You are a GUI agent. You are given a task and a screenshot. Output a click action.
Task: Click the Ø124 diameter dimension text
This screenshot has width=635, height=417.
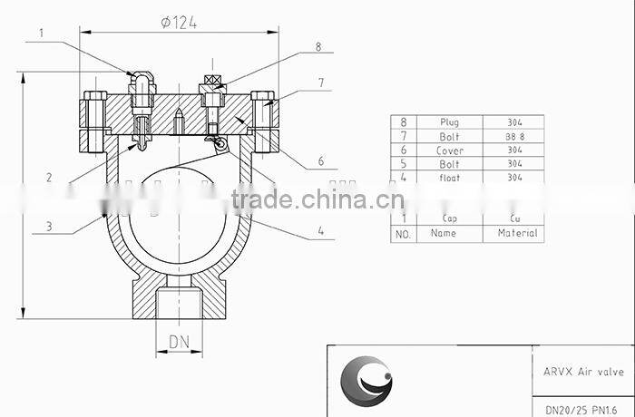point(179,23)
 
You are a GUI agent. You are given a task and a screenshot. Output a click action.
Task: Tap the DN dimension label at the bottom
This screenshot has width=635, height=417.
point(179,342)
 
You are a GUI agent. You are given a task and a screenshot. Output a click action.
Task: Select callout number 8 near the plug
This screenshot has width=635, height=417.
point(317,46)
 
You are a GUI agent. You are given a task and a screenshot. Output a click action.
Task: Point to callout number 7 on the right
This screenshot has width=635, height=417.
point(321,82)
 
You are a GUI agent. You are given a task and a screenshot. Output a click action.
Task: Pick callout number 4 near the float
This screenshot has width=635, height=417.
point(321,231)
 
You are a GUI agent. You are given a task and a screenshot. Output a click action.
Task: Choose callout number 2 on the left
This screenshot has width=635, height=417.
point(49,178)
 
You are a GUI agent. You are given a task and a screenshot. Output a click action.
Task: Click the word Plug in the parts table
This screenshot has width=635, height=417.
point(449,121)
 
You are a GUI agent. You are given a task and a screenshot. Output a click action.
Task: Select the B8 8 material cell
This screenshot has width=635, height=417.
point(514,136)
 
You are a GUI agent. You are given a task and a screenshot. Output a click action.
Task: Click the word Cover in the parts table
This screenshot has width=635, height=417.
point(449,150)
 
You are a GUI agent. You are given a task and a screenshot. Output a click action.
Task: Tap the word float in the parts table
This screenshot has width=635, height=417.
point(449,178)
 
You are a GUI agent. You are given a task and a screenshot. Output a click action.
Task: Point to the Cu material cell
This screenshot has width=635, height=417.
point(514,218)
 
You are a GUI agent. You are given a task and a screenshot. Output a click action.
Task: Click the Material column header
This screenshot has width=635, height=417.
point(517,233)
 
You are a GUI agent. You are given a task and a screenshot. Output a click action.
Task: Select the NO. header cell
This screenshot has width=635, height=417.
point(402,234)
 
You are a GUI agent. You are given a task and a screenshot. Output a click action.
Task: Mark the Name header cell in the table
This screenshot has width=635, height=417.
point(444,233)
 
